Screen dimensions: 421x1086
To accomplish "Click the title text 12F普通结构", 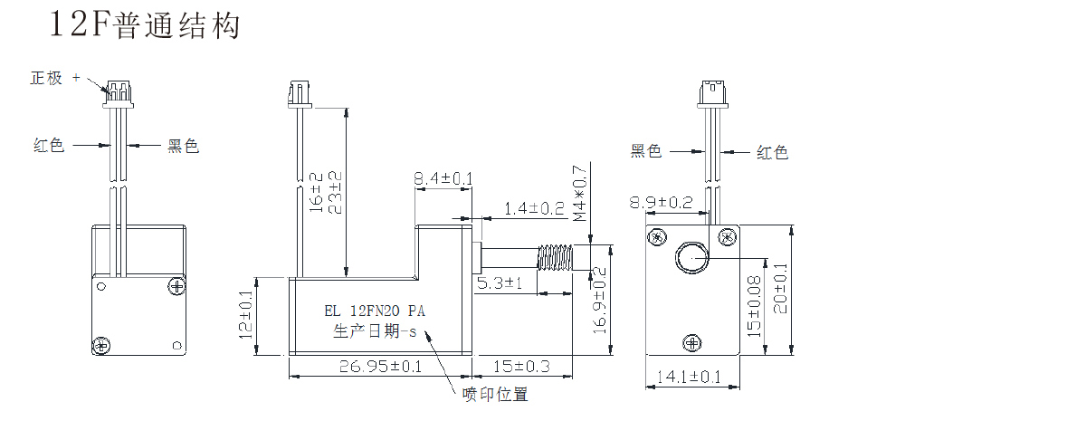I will (x=145, y=25).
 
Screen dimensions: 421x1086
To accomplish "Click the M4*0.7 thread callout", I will (x=581, y=194).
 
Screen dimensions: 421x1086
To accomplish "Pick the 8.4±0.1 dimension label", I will (x=443, y=179).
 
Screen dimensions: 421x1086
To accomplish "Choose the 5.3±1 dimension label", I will (x=503, y=283).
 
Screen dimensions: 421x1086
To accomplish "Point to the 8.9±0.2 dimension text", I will (x=662, y=203).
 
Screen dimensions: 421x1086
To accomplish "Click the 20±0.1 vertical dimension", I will (x=781, y=301).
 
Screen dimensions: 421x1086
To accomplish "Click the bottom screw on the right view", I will (x=691, y=342).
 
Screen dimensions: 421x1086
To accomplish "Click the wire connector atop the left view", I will (x=117, y=91).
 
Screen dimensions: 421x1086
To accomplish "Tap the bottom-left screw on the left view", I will (x=100, y=344).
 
